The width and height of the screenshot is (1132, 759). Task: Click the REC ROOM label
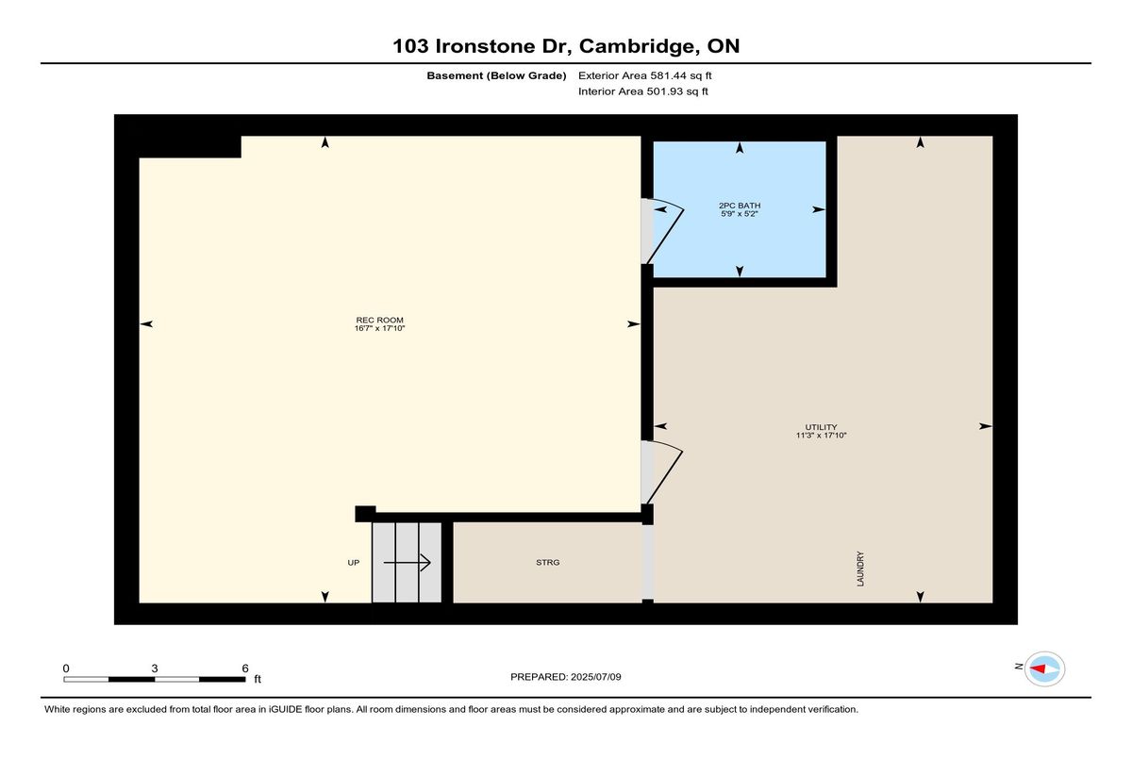click(379, 320)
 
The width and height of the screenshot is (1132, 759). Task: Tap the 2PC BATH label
click(740, 206)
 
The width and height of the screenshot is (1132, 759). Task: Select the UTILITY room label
click(822, 427)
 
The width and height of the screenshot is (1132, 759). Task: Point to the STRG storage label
click(548, 562)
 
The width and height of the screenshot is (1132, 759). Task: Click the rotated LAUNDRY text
click(860, 569)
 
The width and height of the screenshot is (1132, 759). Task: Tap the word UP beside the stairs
click(353, 563)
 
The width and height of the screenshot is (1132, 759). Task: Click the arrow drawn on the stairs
click(407, 562)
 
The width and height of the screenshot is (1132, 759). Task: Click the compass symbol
click(1044, 668)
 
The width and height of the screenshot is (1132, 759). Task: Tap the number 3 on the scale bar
click(155, 668)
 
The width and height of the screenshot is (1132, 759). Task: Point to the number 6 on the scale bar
click(245, 668)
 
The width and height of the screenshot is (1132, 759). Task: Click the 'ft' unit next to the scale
click(258, 679)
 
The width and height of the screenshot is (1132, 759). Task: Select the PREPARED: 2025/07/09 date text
click(565, 677)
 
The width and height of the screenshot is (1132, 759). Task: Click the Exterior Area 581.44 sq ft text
click(645, 75)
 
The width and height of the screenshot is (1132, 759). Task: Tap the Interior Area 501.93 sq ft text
click(642, 91)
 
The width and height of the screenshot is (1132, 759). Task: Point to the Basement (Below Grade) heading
click(496, 75)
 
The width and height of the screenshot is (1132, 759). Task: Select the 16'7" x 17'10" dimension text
click(379, 328)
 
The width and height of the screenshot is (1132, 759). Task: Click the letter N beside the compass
click(1019, 667)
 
